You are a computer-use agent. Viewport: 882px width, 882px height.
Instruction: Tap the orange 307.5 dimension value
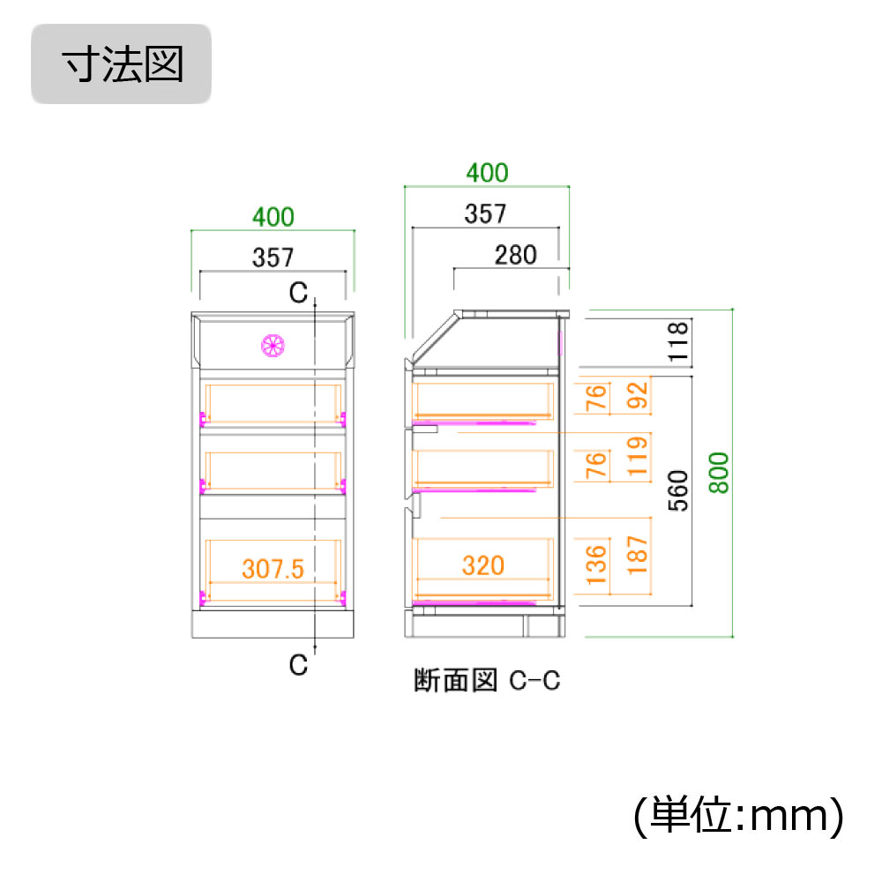273,569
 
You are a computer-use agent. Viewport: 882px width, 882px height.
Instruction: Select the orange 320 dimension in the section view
482,564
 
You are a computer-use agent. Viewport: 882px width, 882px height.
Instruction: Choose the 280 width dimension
515,255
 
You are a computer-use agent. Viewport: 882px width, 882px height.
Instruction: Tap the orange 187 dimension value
639,554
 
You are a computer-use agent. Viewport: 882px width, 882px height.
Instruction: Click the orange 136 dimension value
597,564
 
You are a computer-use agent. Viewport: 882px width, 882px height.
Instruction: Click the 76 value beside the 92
597,398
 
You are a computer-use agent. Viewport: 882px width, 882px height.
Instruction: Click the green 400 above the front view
273,215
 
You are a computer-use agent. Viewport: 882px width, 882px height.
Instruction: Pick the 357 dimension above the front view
273,258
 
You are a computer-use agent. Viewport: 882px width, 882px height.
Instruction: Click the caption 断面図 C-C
487,681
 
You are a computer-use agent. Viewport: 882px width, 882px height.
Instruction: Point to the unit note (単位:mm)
739,816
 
